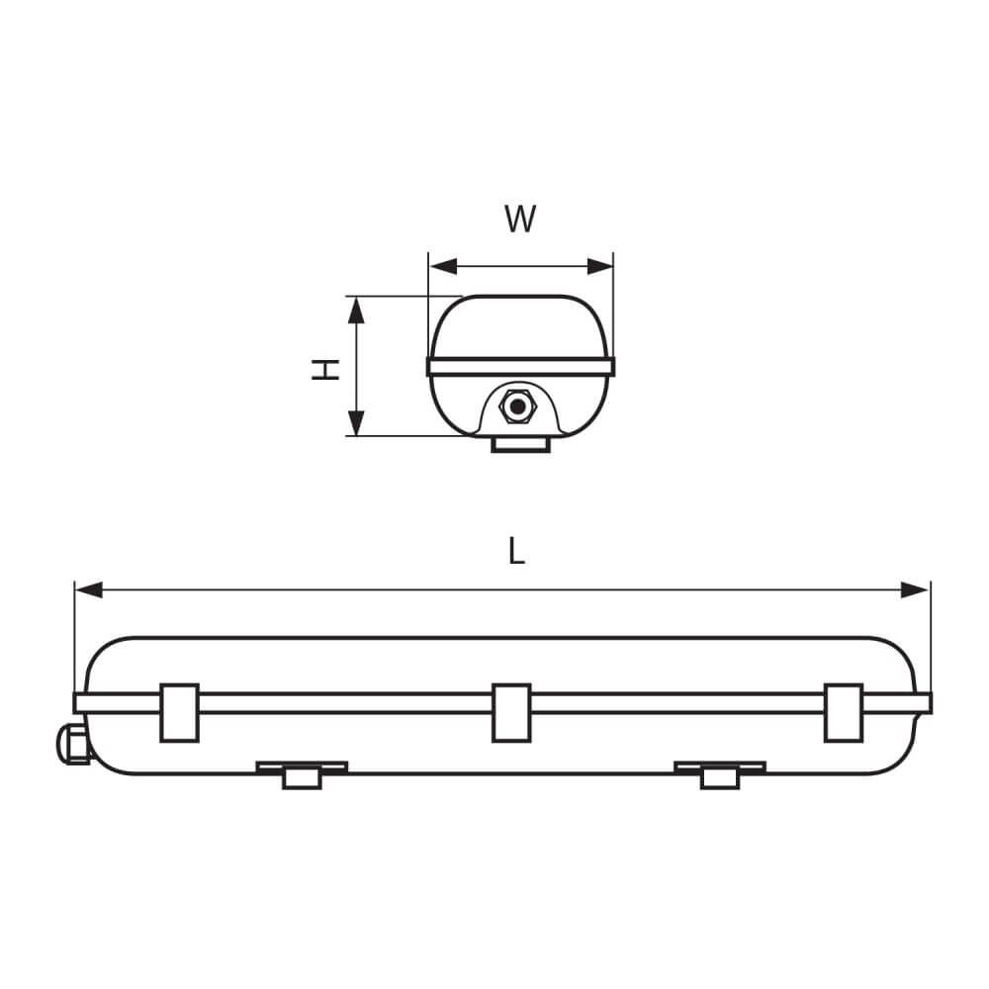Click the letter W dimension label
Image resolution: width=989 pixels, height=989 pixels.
click(x=520, y=219)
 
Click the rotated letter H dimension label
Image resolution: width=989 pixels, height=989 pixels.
click(x=325, y=370)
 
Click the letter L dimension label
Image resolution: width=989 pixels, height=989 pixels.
click(x=516, y=551)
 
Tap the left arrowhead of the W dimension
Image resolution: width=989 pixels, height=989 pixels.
click(x=443, y=266)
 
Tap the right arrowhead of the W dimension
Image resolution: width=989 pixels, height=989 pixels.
click(x=599, y=266)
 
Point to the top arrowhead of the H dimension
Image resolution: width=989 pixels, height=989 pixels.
click(x=356, y=311)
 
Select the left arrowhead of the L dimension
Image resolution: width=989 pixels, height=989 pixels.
click(x=89, y=590)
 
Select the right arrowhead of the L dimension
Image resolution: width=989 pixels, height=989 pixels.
click(x=915, y=590)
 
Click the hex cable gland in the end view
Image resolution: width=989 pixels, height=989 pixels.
click(x=517, y=406)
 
